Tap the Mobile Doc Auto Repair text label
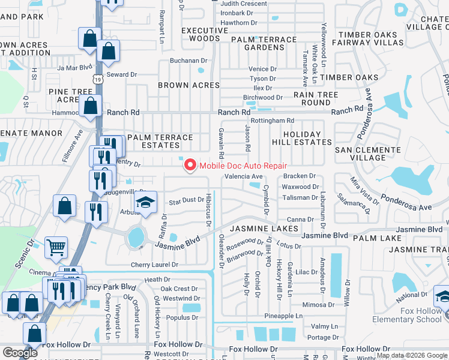(243, 166)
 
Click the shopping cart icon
(56, 246)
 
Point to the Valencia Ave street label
(243, 176)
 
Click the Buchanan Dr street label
(188, 61)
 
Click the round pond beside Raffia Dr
(136, 238)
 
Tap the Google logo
(20, 353)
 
